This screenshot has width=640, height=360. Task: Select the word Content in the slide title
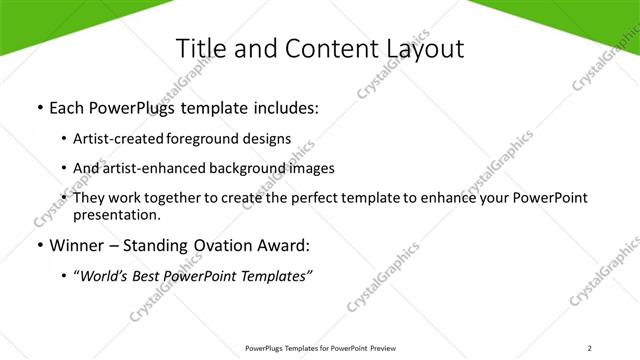coord(321,48)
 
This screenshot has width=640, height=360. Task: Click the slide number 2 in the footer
coord(590,348)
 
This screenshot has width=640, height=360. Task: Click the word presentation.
coord(116,214)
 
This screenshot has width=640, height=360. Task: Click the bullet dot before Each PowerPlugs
coord(39,107)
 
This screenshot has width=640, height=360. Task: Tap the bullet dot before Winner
coord(39,244)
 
